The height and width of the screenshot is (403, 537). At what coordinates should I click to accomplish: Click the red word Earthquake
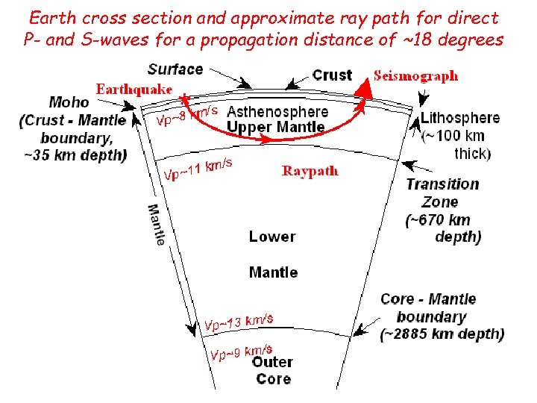tap(134, 89)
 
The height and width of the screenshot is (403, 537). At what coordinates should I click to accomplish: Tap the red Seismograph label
tap(415, 75)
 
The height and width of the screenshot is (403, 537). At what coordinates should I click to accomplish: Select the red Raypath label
tap(310, 171)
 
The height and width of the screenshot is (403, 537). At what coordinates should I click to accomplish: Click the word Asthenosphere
tap(277, 112)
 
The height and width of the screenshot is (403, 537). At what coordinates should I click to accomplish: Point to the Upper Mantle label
tap(276, 127)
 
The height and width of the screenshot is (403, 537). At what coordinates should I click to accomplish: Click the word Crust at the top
tap(332, 75)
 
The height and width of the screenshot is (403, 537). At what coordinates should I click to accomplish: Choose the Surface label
tap(175, 69)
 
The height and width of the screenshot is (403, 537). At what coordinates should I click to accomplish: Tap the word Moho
tap(69, 102)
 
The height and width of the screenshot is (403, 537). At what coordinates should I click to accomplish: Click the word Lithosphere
tap(460, 118)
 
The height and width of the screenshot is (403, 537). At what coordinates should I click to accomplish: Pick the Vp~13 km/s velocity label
tap(239, 322)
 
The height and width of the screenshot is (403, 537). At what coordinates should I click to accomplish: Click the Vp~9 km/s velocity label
tap(241, 352)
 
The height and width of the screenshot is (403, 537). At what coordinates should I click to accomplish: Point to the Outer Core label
tap(273, 370)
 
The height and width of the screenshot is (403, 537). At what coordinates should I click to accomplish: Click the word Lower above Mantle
tap(272, 237)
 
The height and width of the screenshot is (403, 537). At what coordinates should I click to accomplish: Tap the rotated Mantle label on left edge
tap(157, 225)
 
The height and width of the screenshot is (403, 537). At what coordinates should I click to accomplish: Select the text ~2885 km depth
tap(442, 334)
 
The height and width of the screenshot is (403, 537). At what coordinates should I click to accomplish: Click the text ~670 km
tap(439, 219)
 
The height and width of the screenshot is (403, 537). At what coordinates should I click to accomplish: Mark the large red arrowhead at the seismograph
tap(364, 89)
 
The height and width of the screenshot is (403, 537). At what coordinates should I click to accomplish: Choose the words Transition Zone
tap(442, 193)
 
